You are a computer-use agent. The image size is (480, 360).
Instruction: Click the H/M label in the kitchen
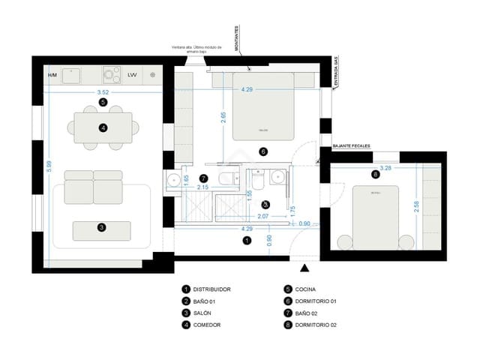[x=52, y=75]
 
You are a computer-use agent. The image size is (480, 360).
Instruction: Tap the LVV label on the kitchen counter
[x=132, y=75]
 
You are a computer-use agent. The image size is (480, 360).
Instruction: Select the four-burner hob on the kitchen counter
[x=112, y=74]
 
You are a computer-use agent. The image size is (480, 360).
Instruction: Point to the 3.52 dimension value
[x=103, y=92]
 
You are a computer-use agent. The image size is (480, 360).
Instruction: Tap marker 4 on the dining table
[x=103, y=128]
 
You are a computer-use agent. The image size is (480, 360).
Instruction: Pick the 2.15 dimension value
[x=202, y=187]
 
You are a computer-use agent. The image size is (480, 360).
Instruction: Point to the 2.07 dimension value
[x=263, y=217]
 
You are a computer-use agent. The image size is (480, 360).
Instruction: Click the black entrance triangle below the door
[x=304, y=268]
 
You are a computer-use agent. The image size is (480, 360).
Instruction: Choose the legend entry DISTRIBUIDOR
[x=211, y=289]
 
